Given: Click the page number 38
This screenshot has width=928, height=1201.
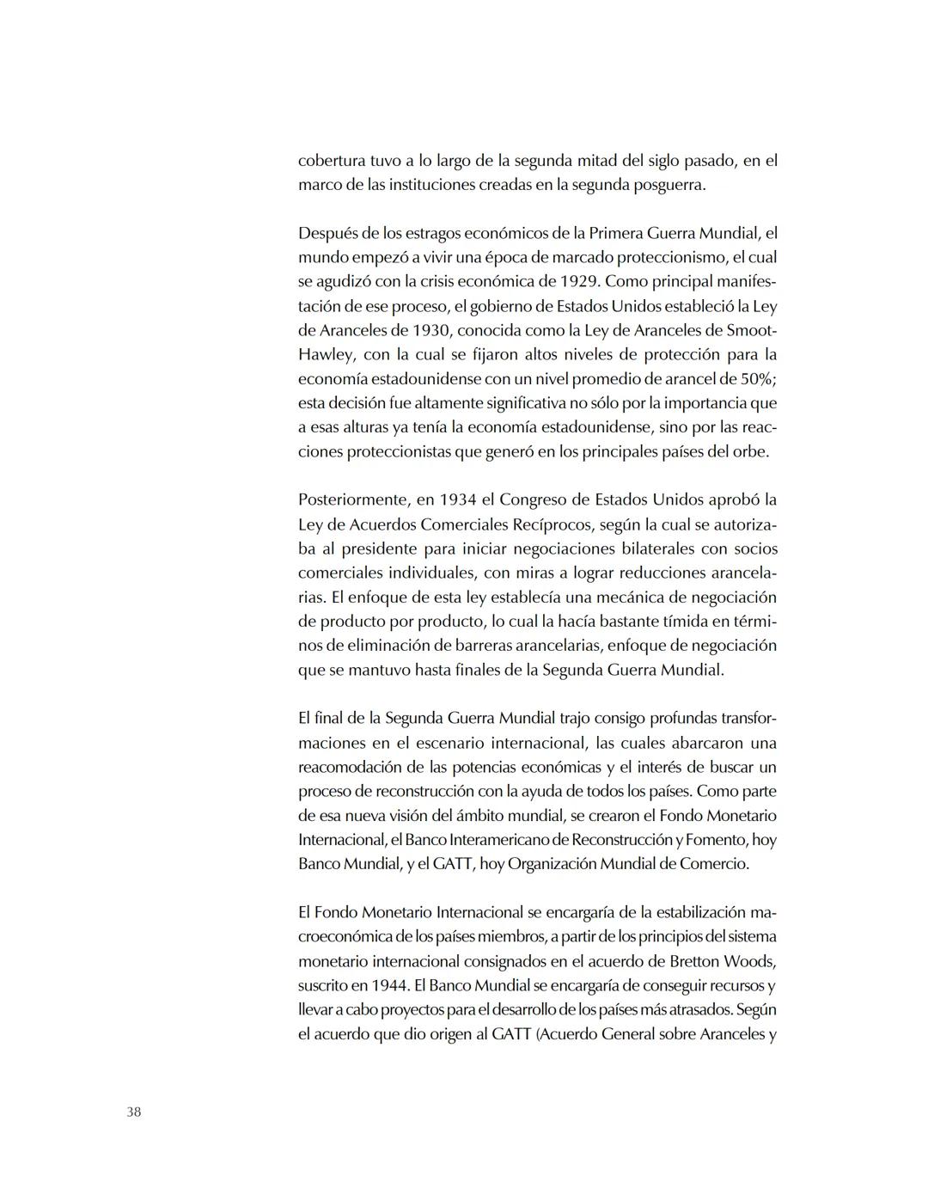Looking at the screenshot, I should click(x=133, y=1112).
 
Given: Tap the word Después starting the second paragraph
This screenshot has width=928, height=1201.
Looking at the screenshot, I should click(x=327, y=233).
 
